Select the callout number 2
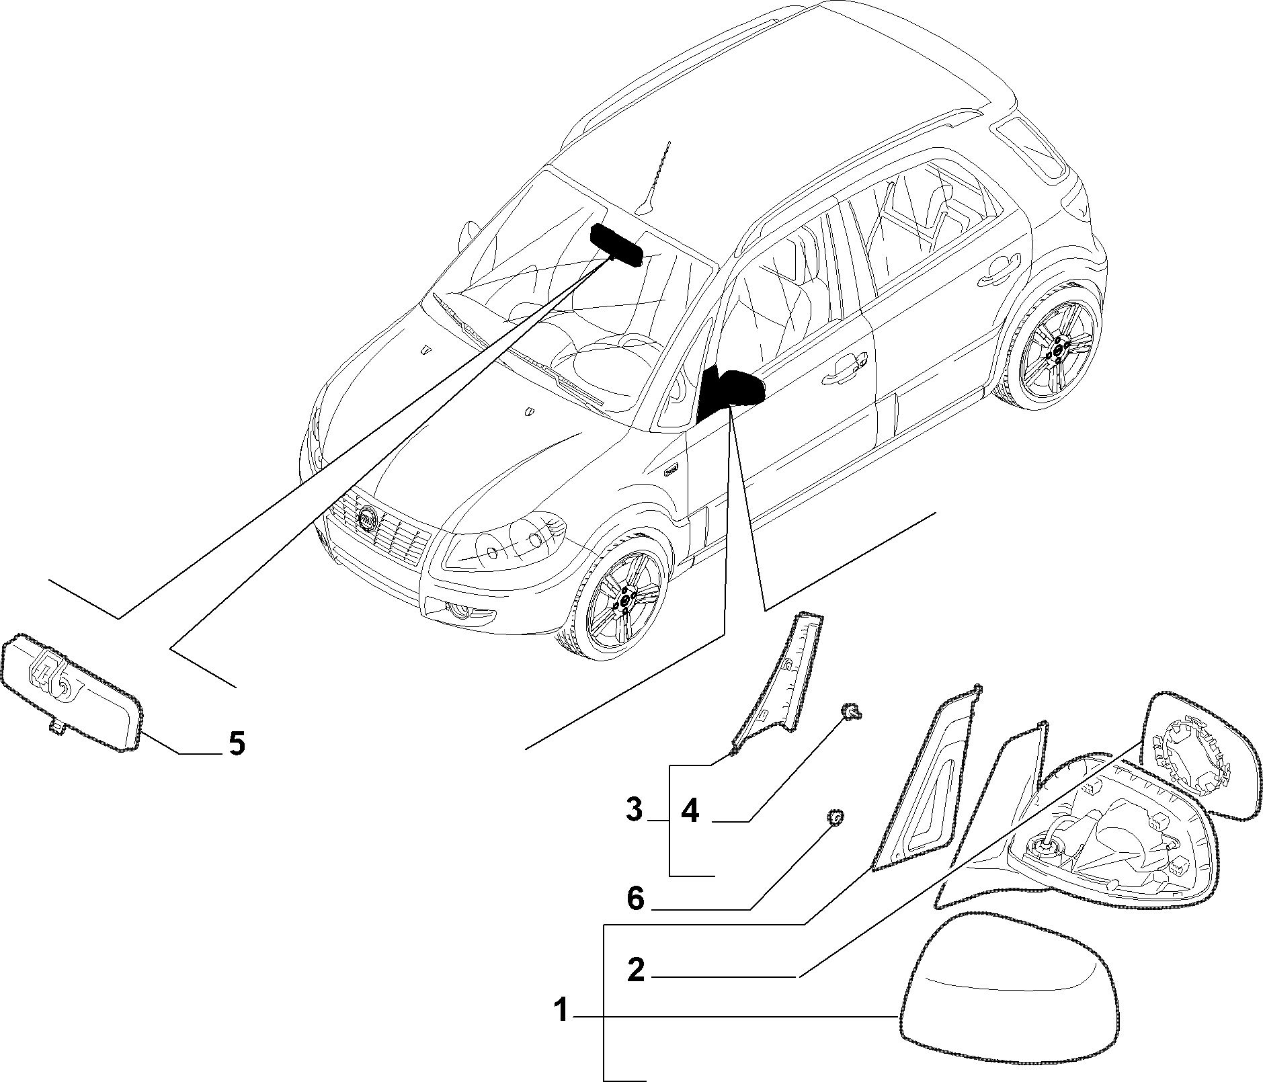pos(636,970)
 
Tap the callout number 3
pos(635,810)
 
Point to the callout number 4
pos(690,811)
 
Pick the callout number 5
pos(236,743)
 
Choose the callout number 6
pos(636,899)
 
